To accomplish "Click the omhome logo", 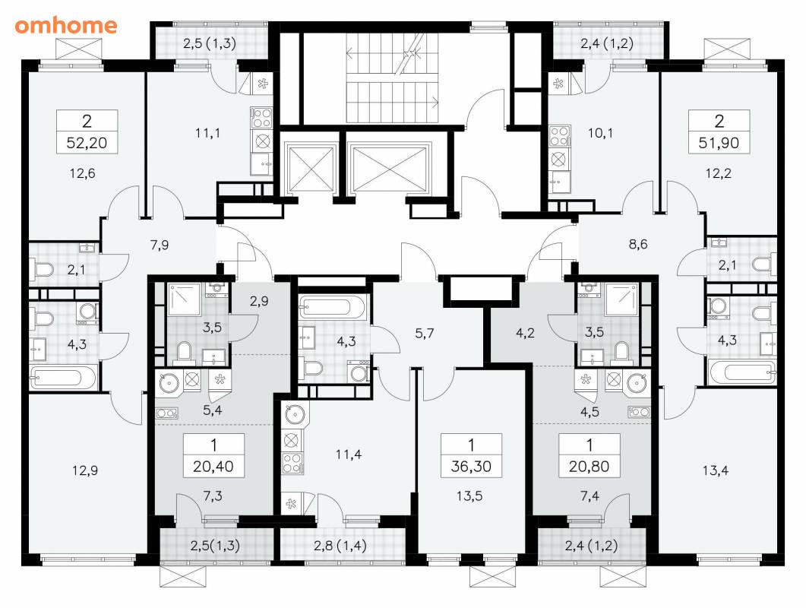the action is tap(66, 25).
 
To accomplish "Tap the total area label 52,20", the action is tap(87, 142).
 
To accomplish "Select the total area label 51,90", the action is tap(719, 142).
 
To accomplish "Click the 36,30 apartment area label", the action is tap(471, 467).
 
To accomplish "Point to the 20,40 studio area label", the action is tap(213, 467).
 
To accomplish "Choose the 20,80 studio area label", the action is tap(589, 467).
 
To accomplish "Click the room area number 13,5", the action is tap(469, 496).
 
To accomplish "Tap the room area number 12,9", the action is tap(85, 470).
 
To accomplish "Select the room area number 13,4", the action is tap(716, 470).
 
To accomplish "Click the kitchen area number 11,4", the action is tap(349, 454).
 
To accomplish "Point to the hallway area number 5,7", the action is tap(425, 334).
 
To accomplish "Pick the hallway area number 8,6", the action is tap(638, 244).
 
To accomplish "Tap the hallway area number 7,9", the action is tap(160, 245).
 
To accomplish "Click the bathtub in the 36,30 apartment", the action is tap(333, 307).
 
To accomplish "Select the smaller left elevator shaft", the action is tap(310, 169).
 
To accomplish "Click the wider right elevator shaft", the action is tap(389, 169).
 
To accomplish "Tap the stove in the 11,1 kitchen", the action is tap(261, 117).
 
